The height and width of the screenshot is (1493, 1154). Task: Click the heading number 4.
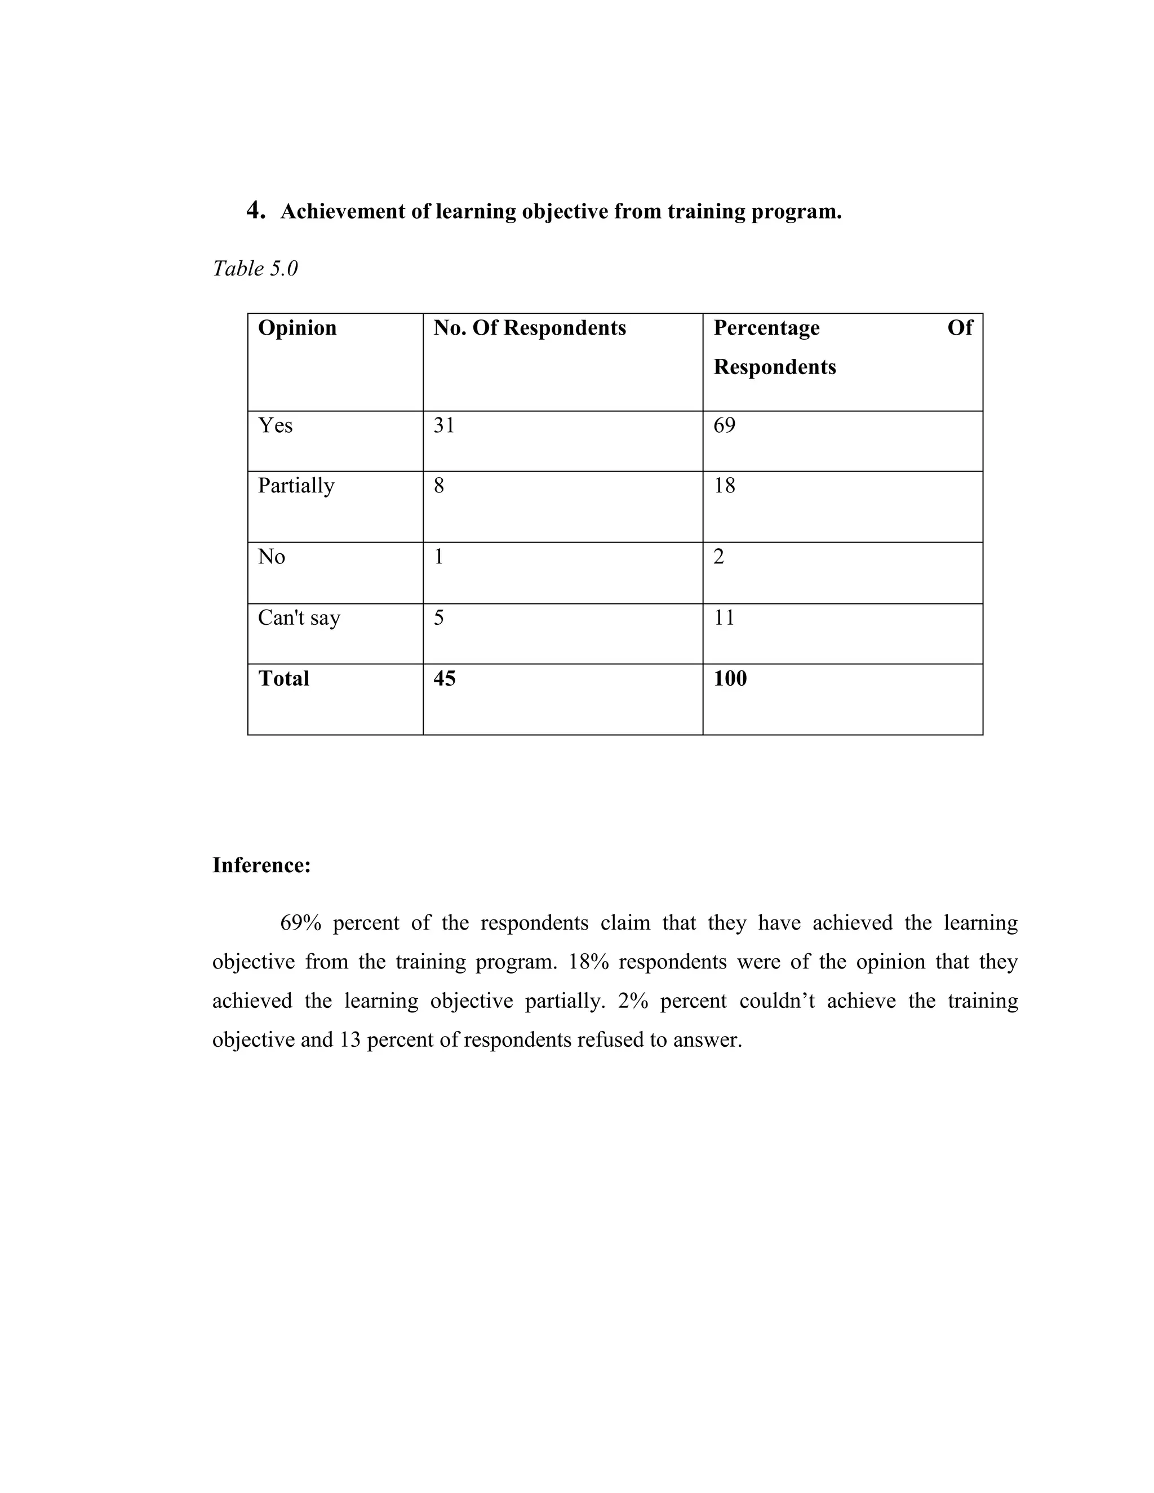[x=256, y=210]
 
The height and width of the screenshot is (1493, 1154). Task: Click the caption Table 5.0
[x=255, y=268]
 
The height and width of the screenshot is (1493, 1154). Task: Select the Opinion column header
[x=297, y=327]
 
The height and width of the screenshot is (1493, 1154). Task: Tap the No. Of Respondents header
[x=529, y=327]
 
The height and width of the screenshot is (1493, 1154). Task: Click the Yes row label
[x=275, y=425]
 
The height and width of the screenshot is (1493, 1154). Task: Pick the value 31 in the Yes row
[x=443, y=425]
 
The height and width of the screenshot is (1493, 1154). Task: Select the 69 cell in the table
[x=724, y=425]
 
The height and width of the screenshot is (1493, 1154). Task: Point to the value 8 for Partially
[x=439, y=485]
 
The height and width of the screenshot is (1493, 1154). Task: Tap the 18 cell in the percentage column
[x=724, y=485]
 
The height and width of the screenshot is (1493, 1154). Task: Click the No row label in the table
[x=272, y=557]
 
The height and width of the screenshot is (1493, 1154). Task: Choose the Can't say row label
[x=299, y=617]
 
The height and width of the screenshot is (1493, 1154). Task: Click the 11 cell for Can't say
[x=724, y=617]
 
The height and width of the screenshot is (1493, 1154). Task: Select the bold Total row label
[x=284, y=678]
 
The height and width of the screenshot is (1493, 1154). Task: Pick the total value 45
[x=445, y=678]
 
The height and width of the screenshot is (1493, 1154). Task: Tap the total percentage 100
[x=730, y=678]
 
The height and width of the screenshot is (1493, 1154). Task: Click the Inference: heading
[x=261, y=865]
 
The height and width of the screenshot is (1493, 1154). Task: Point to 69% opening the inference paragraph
[x=300, y=923]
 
